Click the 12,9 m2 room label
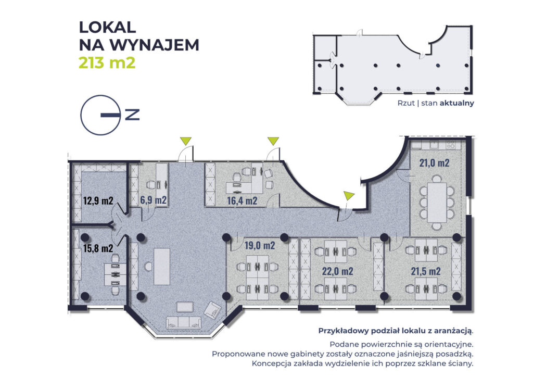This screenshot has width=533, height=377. click(98, 200)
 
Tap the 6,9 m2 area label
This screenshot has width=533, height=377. click(153, 200)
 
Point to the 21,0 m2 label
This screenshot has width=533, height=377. click(434, 162)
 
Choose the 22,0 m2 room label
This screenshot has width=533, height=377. click(337, 271)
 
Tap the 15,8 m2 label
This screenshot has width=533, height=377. click(98, 248)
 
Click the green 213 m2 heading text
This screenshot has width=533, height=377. click(107, 63)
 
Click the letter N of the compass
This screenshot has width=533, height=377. click(132, 115)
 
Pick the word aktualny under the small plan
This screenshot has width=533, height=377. click(456, 103)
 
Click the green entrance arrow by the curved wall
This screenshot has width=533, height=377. click(348, 196)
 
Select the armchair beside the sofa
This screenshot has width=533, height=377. click(212, 311)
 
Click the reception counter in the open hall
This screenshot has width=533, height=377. click(162, 266)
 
